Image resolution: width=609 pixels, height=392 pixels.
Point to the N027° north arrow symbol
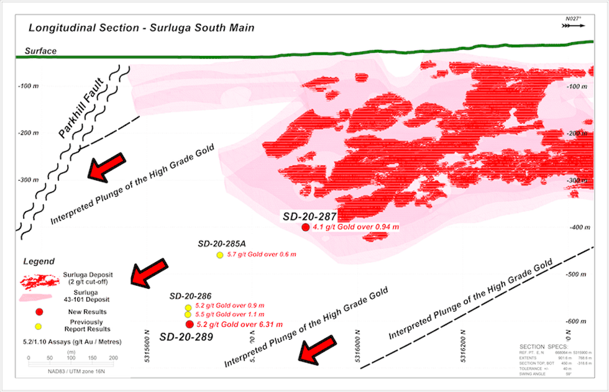pos(571,24)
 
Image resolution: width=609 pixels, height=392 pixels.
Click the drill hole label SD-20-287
pos(309,217)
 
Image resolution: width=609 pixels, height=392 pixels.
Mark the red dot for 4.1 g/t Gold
pos(305,227)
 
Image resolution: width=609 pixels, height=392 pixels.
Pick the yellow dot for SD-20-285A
pos(219,255)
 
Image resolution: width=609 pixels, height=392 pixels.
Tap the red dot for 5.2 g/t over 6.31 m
pos(189,324)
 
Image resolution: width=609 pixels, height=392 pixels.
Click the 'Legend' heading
pos(39,262)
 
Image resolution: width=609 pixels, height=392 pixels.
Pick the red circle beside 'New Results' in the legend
pos(39,312)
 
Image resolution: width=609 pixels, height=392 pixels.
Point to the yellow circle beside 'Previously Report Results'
pos(39,326)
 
